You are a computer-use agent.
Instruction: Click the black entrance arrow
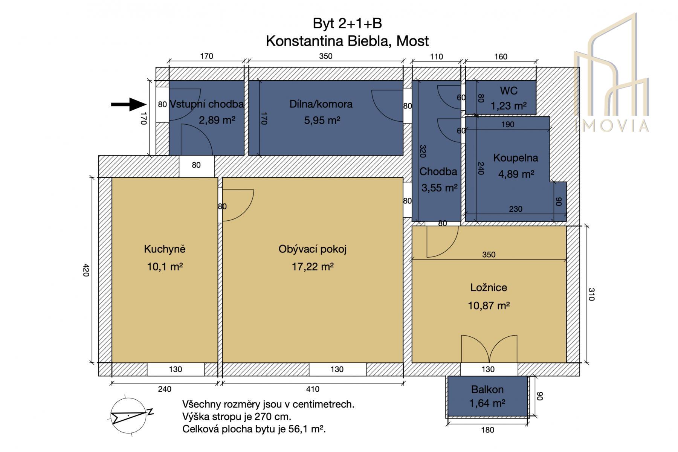click(128, 104)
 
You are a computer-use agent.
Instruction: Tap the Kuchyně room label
click(165, 249)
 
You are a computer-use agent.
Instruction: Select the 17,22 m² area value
click(313, 267)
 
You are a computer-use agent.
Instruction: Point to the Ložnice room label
click(489, 287)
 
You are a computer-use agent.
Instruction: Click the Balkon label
click(487, 389)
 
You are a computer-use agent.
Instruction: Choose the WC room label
click(509, 91)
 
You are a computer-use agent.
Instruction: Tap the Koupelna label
click(516, 158)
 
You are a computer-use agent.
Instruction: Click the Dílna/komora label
click(321, 104)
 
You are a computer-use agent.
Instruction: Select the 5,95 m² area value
click(322, 120)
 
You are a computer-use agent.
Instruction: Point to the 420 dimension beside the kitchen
click(86, 270)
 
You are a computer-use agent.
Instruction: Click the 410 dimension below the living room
click(313, 389)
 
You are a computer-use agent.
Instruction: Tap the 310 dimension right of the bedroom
click(591, 294)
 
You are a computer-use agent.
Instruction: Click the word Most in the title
click(413, 41)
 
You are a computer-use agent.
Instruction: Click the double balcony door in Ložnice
click(489, 349)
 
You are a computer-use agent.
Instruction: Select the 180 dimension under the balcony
click(487, 430)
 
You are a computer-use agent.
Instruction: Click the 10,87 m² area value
click(489, 305)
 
